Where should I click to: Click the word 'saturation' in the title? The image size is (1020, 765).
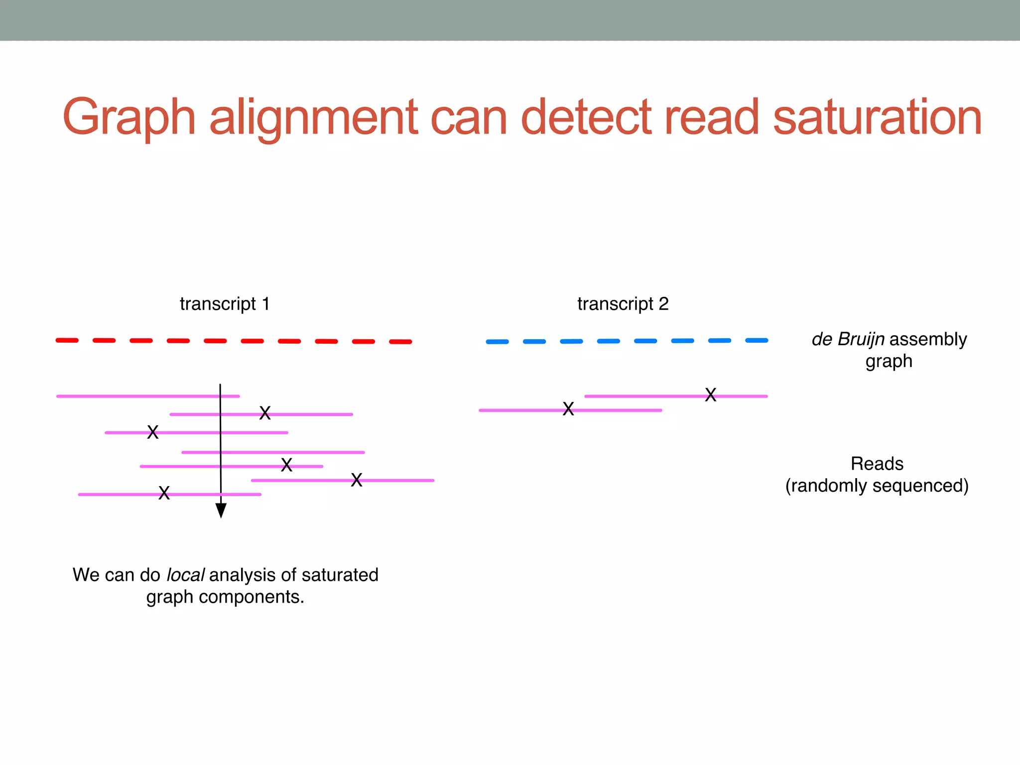tap(877, 118)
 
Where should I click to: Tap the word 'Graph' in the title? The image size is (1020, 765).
tap(128, 119)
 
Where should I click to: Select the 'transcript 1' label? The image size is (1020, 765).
tap(225, 304)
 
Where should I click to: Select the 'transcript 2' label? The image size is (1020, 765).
tap(623, 304)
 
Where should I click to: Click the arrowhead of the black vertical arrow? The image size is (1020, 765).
tap(221, 510)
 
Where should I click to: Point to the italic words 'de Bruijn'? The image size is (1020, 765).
tap(848, 339)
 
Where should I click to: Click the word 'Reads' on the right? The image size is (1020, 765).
tap(877, 464)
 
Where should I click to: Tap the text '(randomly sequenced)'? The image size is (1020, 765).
tap(877, 486)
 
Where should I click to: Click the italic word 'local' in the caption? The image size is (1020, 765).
tap(185, 575)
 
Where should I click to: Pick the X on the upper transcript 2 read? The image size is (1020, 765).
tap(711, 395)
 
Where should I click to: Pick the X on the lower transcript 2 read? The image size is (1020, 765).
tap(568, 409)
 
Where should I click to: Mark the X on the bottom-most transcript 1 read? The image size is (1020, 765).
tap(164, 493)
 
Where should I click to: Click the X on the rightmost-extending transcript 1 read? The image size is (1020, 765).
tap(356, 480)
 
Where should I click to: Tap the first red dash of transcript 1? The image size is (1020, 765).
tap(67, 340)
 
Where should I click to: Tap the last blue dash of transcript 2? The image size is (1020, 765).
tap(757, 341)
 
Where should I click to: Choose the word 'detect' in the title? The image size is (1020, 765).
tap(586, 118)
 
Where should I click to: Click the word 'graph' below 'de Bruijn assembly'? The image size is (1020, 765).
tap(889, 361)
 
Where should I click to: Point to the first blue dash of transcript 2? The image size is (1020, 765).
tap(497, 342)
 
